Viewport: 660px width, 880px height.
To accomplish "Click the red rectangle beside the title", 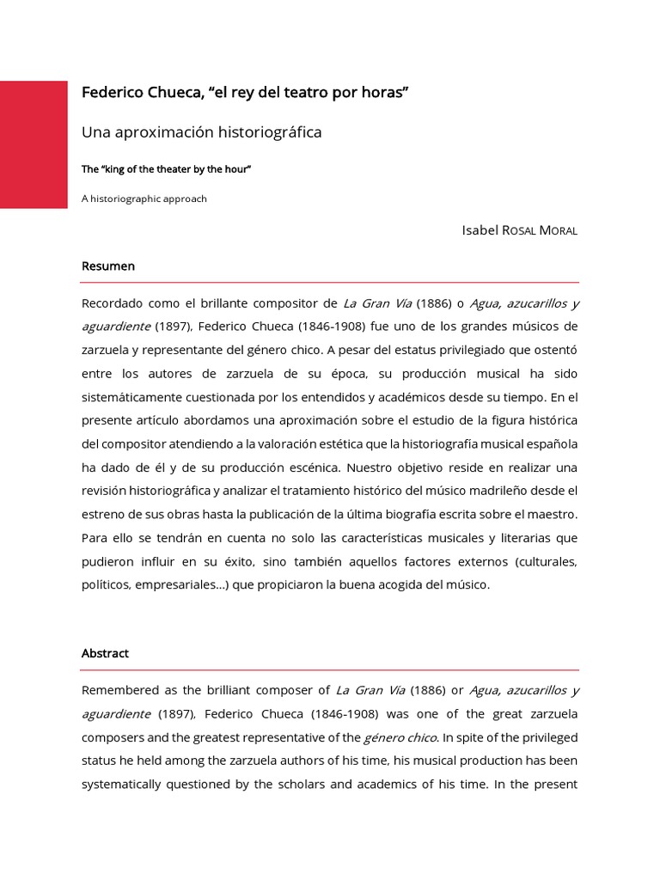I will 34,144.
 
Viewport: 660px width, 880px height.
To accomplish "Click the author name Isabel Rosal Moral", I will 520,230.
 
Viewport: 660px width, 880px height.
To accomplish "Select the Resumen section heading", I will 108,266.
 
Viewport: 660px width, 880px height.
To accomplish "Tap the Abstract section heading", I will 105,653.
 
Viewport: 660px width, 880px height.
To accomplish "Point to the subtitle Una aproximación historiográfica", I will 201,132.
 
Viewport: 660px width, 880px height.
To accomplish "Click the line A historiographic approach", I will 144,199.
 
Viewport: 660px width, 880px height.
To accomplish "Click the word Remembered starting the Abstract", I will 119,690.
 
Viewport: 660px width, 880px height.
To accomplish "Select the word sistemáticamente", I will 134,397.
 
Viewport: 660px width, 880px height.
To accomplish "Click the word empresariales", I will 168,584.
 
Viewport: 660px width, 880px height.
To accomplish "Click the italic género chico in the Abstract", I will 400,737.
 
